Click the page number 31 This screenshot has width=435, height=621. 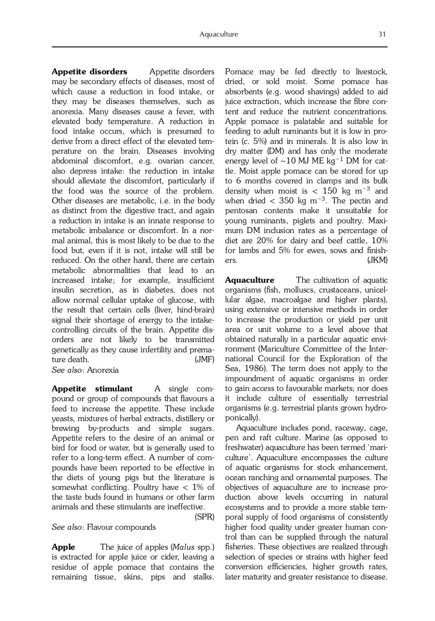[382, 34]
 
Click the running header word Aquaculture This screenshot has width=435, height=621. [219, 34]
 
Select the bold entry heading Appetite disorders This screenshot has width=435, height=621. [89, 72]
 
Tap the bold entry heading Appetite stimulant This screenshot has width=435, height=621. [92, 389]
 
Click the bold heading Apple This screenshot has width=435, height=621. [63, 547]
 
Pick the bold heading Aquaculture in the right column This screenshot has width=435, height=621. [249, 280]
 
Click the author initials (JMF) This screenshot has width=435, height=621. [204, 360]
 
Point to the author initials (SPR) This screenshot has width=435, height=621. [204, 517]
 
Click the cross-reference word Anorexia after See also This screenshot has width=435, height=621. [103, 370]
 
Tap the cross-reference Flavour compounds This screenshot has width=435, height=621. [121, 527]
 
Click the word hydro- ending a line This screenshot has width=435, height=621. [375, 408]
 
